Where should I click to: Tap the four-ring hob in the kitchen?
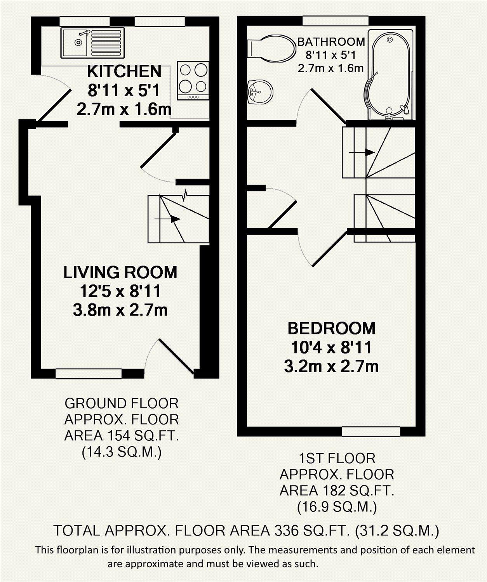point(193,81)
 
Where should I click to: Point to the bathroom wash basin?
point(260,92)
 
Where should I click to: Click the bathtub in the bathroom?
point(390,74)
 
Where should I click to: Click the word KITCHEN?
point(124,71)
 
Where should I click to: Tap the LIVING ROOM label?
point(120,272)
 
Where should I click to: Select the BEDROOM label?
point(331,329)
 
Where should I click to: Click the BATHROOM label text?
point(331,42)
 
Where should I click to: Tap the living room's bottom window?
point(89,373)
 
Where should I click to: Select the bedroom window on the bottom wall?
point(371,431)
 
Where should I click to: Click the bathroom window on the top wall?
point(335,21)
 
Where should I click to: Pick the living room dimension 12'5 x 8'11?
point(120,291)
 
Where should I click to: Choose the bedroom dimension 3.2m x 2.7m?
point(331,366)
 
